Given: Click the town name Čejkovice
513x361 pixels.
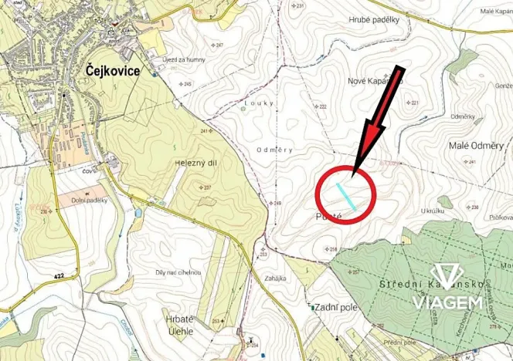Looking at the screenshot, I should click(107, 70).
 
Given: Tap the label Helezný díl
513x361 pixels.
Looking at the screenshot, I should click(189, 164).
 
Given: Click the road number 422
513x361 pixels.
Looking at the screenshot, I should click(59, 275).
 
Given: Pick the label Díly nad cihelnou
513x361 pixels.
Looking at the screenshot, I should click(178, 272).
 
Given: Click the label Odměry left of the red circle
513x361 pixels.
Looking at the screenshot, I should click(270, 149).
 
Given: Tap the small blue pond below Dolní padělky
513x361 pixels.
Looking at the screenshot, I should click(138, 213).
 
